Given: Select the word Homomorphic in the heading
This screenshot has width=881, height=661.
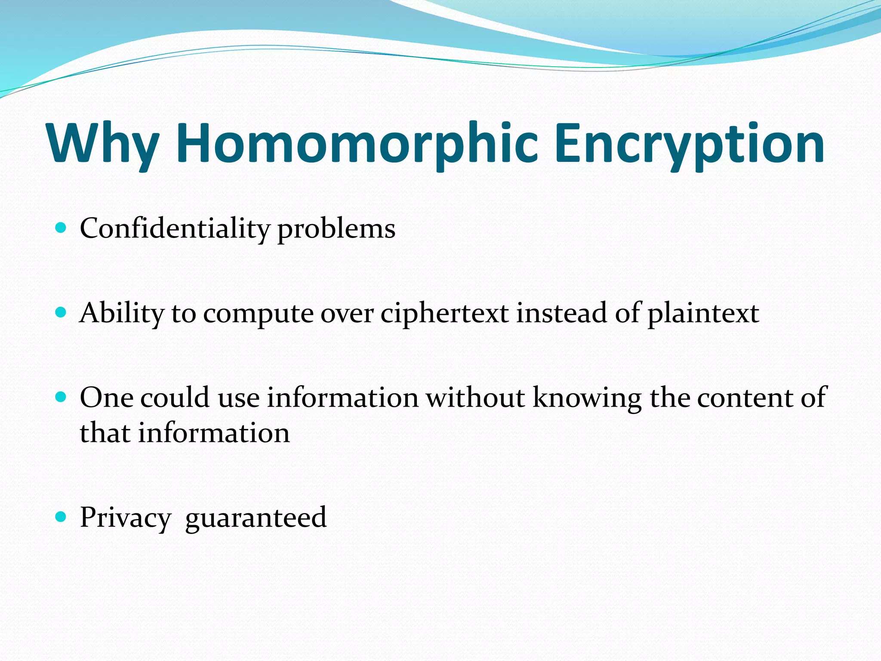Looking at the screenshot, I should (x=357, y=143).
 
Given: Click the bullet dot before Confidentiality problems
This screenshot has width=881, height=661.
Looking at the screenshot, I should (x=61, y=227).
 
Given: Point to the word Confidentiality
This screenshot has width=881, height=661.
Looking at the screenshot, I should (x=174, y=228).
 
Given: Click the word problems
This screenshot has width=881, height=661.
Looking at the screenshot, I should (x=336, y=229).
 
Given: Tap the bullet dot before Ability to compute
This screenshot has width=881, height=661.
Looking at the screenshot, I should (x=61, y=312).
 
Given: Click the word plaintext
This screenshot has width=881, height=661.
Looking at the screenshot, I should (x=703, y=313).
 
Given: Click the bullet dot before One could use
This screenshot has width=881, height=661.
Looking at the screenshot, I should (x=61, y=396).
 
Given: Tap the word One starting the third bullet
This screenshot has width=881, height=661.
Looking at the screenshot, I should (x=106, y=397).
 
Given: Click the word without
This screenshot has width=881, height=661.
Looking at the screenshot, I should (x=475, y=397).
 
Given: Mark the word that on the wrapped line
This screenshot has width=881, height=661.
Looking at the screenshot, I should (x=105, y=432).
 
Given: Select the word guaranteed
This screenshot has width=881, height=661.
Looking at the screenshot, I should (x=256, y=518).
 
